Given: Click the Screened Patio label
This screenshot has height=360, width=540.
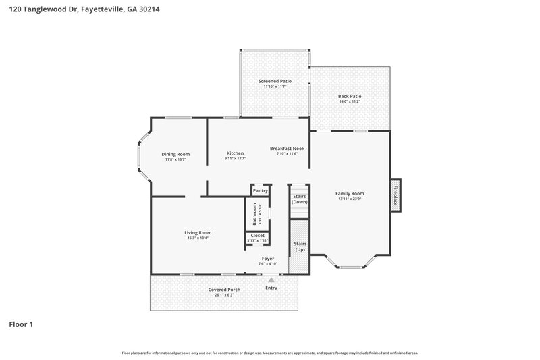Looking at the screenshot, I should click(x=275, y=81).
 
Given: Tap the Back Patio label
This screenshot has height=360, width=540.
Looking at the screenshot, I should click(x=350, y=96).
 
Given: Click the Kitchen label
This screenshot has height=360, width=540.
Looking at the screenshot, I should click(x=235, y=153).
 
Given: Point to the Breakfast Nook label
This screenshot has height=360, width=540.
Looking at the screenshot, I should click(x=288, y=148).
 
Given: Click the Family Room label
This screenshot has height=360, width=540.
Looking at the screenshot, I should click(x=350, y=193).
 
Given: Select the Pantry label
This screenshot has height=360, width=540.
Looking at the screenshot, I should click(x=261, y=190).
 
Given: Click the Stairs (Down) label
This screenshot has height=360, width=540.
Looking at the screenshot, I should click(x=300, y=199).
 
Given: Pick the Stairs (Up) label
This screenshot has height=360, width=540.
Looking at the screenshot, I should click(x=300, y=247).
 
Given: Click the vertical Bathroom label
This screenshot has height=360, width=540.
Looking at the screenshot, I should click(x=255, y=214).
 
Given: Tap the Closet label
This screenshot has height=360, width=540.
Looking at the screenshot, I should click(x=258, y=235).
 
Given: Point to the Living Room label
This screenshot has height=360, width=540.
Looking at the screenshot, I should click(x=198, y=232).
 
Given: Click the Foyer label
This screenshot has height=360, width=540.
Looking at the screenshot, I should click(x=268, y=259).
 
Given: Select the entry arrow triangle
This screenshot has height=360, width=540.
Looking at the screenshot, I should click(x=271, y=279).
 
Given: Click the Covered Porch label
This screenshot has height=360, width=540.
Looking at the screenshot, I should click(x=223, y=290).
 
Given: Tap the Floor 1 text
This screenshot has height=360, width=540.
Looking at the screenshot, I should click(x=21, y=324).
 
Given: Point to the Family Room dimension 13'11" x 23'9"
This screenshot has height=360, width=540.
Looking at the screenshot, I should click(x=350, y=199).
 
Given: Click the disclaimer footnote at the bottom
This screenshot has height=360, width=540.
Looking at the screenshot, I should click(x=270, y=353).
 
